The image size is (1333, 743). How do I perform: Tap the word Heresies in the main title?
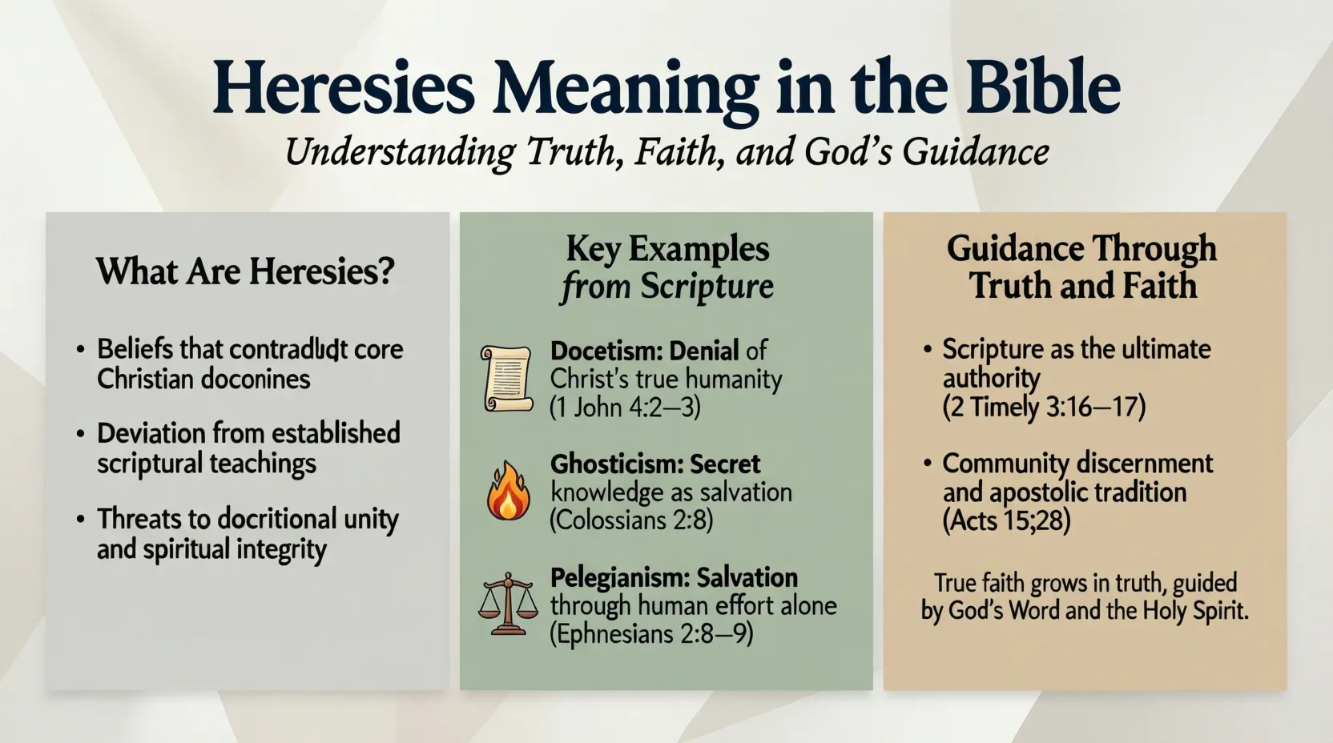click(344, 87)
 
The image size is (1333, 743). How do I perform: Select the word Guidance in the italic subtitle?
click(976, 151)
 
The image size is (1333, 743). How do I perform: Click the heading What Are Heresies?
click(246, 271)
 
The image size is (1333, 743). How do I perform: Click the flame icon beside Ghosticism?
click(508, 491)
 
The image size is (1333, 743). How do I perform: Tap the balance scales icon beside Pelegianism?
click(508, 604)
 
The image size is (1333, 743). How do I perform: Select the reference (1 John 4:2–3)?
click(625, 408)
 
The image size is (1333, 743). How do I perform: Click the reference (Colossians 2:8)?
click(631, 520)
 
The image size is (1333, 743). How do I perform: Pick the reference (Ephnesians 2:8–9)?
click(651, 634)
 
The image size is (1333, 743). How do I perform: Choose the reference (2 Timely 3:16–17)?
click(1044, 407)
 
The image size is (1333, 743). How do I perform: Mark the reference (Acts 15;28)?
click(1006, 520)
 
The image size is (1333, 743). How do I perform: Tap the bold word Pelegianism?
click(619, 577)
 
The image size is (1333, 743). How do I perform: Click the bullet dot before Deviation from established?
click(80, 434)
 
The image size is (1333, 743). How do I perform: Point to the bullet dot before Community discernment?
click(927, 464)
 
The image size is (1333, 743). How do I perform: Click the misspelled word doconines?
click(257, 379)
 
